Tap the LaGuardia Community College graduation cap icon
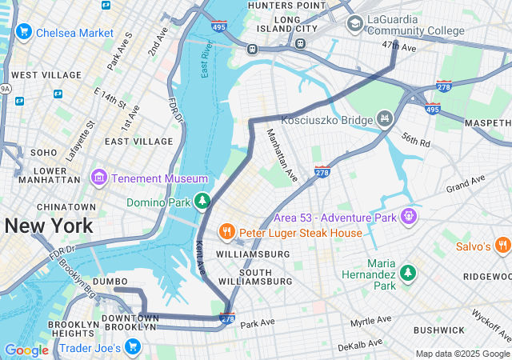point(354,24)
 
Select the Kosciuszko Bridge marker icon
point(385,119)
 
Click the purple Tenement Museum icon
point(99,177)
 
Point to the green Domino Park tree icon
point(204,199)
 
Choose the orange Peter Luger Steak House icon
point(227,232)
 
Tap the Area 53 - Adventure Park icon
point(409,216)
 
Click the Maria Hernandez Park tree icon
point(408,274)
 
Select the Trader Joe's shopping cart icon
point(132,347)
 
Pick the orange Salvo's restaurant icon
point(502,246)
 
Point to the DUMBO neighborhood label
point(110,282)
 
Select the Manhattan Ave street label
point(282,154)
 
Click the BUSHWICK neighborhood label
point(439,330)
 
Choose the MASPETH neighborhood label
point(489,122)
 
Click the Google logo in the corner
point(26,350)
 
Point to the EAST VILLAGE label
point(138,141)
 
